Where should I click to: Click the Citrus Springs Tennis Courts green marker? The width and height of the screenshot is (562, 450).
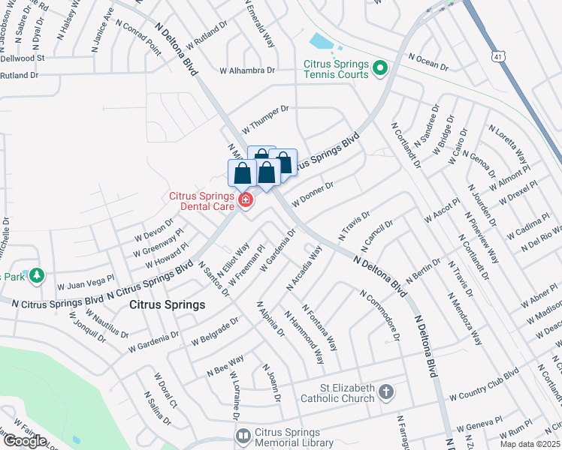coord(379,70)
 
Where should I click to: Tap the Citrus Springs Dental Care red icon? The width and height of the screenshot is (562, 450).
coord(245,199)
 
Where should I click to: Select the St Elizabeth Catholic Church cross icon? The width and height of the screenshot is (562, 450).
coord(385,392)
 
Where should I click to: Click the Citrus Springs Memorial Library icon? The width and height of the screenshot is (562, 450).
coord(243,436)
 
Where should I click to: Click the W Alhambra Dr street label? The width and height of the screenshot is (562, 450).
coord(247,70)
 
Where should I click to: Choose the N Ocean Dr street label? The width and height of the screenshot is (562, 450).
coord(428,61)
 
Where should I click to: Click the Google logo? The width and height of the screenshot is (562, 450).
coord(25,440)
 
